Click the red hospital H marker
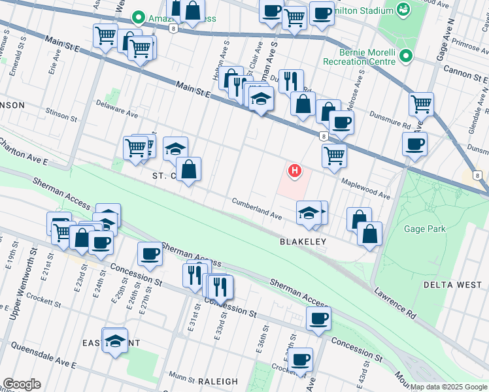[295, 171]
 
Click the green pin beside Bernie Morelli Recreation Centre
[407, 56]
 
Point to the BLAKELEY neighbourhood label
[303, 241]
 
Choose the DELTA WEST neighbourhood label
[451, 285]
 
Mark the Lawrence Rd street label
[395, 304]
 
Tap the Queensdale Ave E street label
[43, 353]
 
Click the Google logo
[22, 384]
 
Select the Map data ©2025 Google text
[448, 387]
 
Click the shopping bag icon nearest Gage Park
[369, 234]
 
